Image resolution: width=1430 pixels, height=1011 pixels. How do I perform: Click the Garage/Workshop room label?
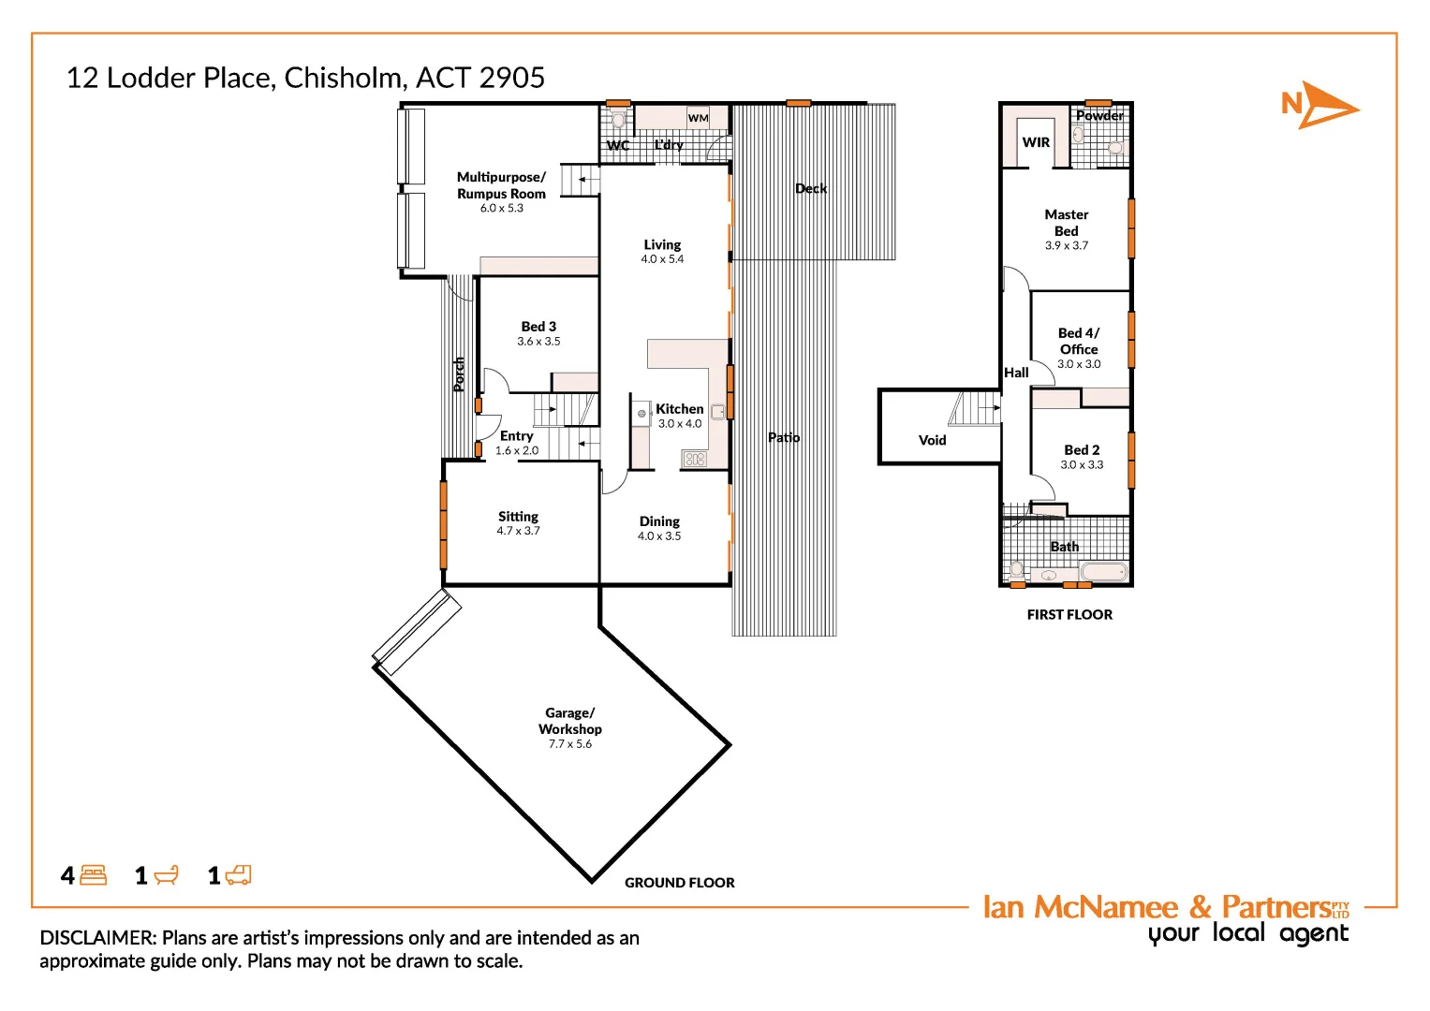(569, 721)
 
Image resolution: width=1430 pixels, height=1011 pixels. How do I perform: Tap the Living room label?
(662, 244)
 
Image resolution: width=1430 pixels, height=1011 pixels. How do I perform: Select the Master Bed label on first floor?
(1066, 223)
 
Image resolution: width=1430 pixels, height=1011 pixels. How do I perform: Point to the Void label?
(932, 440)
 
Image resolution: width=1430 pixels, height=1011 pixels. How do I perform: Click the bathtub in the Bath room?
(1104, 572)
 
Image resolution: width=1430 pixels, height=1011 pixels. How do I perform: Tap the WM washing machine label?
(698, 118)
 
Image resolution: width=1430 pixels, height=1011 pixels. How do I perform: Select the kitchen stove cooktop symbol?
(694, 459)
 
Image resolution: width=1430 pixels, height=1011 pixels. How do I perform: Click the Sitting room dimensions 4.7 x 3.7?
(518, 531)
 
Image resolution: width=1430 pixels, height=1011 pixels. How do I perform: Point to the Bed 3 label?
(538, 327)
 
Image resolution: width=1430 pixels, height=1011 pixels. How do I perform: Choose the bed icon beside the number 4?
(94, 875)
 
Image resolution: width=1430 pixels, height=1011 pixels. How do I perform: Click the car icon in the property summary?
(239, 875)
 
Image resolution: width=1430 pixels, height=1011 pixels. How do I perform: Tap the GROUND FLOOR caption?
(679, 883)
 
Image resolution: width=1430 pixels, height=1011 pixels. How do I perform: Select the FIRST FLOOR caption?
(1069, 615)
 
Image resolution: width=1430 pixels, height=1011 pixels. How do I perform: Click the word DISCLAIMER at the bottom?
(97, 938)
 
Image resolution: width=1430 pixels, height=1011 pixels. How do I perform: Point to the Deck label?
(811, 188)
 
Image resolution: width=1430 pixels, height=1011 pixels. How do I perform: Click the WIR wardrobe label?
(1036, 142)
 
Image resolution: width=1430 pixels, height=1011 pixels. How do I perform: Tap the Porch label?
(459, 374)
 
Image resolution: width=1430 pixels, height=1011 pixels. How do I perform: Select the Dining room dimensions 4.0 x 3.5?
(659, 536)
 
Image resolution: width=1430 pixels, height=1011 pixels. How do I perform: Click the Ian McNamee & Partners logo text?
(1165, 907)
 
